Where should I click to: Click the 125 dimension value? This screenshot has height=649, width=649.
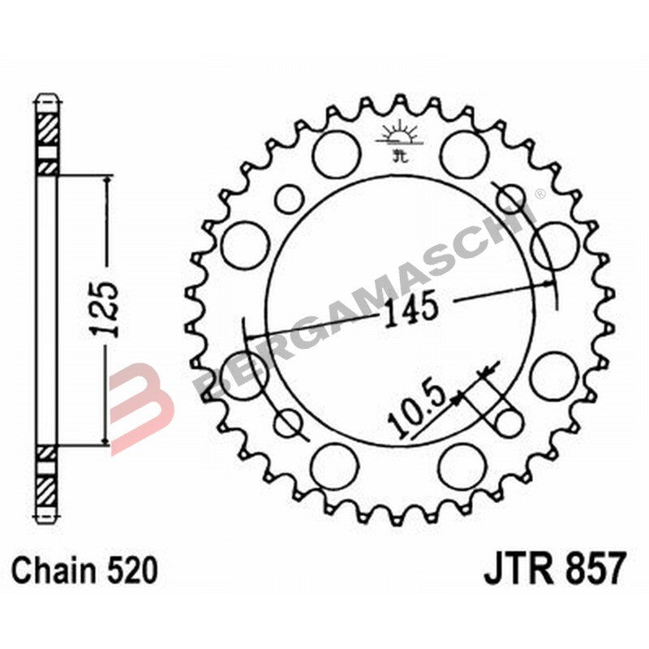[x=105, y=309]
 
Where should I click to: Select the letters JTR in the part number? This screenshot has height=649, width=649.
[x=518, y=568]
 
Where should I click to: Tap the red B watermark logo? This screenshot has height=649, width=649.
[x=142, y=406]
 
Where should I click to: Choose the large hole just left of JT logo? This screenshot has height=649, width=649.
[x=335, y=154]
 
